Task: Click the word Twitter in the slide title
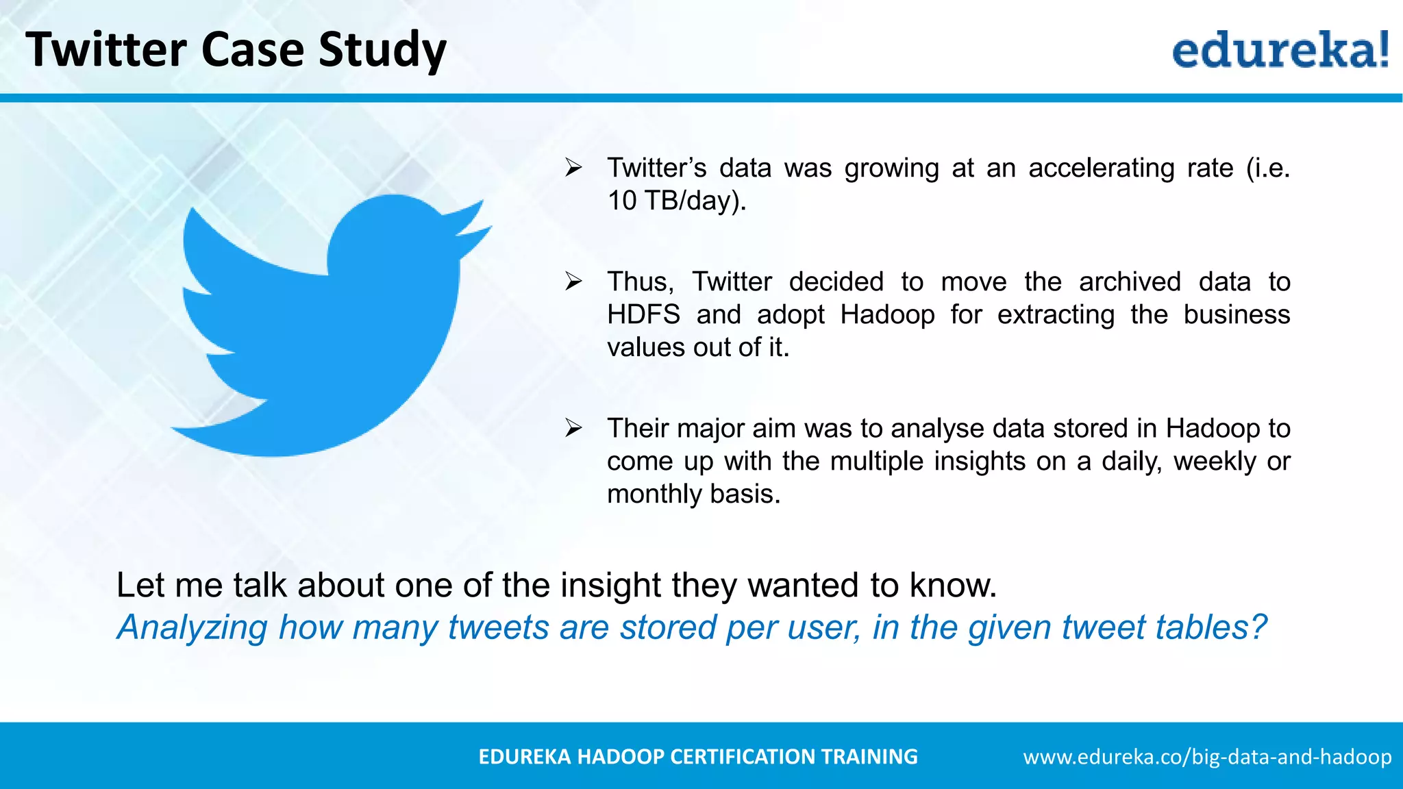[x=106, y=50]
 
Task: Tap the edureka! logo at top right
[x=1280, y=49]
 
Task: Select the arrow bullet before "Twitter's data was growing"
[x=573, y=168]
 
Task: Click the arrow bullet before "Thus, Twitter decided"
[x=573, y=281]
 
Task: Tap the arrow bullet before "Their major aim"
[x=573, y=428]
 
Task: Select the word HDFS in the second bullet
[x=643, y=314]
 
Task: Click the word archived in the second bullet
[x=1130, y=281]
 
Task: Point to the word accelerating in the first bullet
[x=1101, y=168]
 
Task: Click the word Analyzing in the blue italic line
[x=192, y=627]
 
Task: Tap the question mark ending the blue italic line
[x=1258, y=627]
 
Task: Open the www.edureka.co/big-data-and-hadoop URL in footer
[x=1207, y=757]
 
